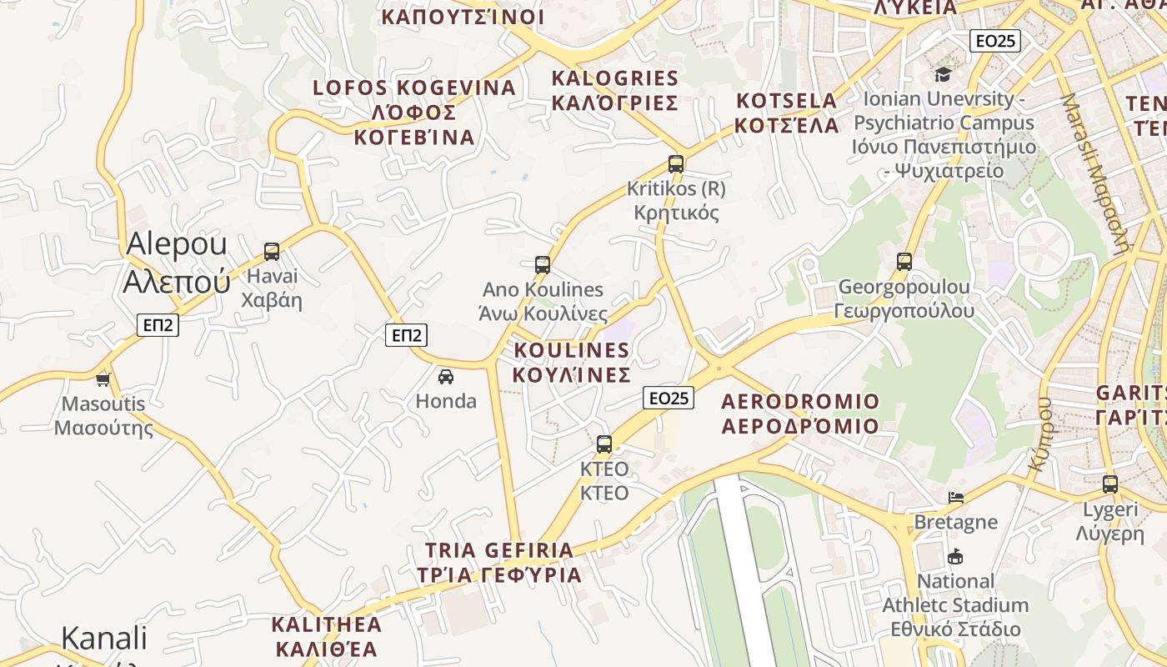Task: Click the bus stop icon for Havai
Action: (272, 251)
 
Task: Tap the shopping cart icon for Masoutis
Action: (103, 380)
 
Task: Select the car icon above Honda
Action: (446, 376)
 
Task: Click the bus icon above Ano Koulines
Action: (543, 265)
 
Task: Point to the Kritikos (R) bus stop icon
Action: (676, 164)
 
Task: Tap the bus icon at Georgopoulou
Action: (904, 262)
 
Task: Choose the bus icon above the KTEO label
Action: (604, 444)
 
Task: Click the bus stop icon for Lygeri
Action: (1110, 484)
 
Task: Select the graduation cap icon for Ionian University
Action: (943, 74)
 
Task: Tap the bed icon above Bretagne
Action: (956, 498)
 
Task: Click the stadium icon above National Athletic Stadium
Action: (955, 556)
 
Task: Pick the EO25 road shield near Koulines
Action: (669, 398)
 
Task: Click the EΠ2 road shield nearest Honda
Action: (406, 335)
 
